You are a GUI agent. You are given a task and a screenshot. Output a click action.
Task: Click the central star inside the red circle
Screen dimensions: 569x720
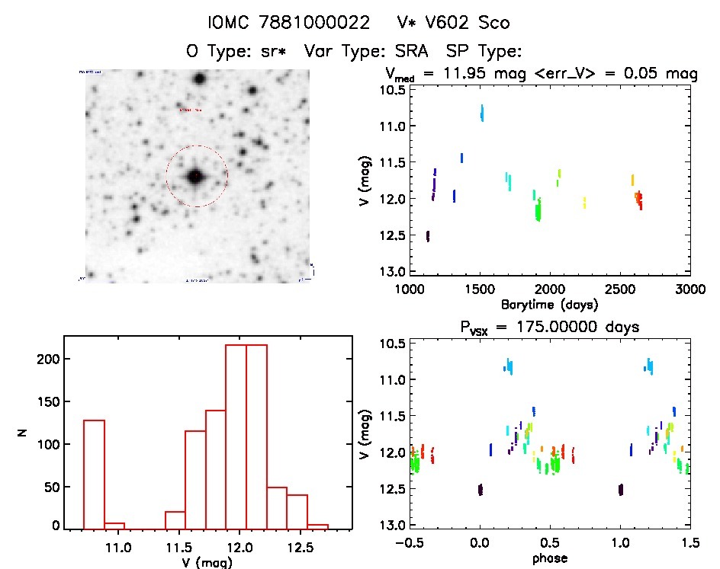196,177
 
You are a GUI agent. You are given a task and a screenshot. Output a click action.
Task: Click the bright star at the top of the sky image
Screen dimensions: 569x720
200,78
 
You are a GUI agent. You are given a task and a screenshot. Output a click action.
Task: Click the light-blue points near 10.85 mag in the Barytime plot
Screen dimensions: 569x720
482,113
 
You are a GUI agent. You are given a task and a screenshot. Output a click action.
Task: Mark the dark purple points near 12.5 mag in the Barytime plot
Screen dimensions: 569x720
428,236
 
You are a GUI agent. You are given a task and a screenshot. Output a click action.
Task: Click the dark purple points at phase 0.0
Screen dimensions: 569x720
481,489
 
